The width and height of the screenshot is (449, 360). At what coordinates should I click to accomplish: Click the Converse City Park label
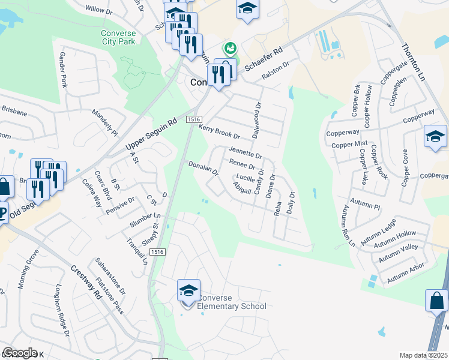point(119,37)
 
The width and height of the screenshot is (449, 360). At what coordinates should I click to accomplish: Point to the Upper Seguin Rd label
point(151,134)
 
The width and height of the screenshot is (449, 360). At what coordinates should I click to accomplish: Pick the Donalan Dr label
point(202,167)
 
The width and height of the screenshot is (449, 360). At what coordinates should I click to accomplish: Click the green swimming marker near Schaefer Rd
point(229,47)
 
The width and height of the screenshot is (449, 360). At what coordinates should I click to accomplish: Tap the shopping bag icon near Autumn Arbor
point(436,300)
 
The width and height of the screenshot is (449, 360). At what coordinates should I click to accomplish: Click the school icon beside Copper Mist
point(435,136)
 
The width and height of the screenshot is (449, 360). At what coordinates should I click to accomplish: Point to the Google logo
point(20,353)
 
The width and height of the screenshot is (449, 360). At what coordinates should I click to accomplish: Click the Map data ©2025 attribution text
point(423,355)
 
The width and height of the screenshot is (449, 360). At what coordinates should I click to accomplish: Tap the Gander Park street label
point(62,70)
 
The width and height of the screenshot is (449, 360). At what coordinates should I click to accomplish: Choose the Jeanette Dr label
point(245,152)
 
